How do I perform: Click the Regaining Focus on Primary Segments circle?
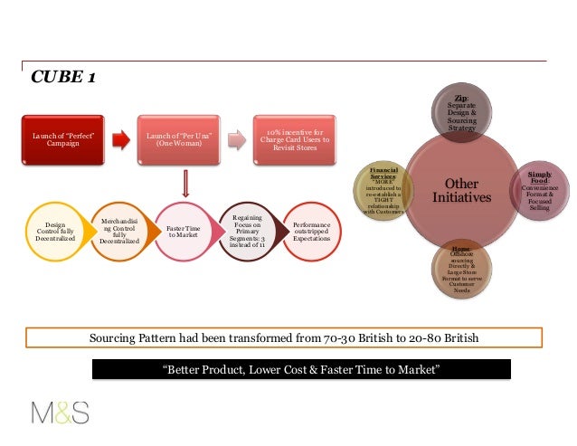pos(247,232)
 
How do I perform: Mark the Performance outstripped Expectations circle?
pos(312,232)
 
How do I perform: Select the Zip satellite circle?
pos(460,113)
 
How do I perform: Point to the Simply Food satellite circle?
pos(539,190)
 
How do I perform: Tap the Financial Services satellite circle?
pos(384,189)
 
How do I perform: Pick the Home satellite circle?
pos(461,267)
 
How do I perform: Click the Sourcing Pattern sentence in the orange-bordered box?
pos(284,338)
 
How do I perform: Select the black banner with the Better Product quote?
pos(298,370)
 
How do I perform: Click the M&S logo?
pos(61,414)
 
